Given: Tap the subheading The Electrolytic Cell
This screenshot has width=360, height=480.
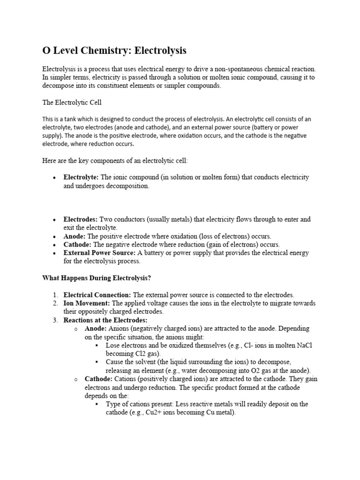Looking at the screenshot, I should tap(71, 103).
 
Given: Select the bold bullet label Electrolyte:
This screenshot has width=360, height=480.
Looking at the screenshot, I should tap(81, 178).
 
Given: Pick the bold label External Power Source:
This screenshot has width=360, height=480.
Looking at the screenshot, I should tap(99, 253).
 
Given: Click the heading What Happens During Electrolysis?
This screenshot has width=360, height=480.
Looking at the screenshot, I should tap(97, 278).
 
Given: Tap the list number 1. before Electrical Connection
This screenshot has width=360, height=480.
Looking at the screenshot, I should tap(55, 295).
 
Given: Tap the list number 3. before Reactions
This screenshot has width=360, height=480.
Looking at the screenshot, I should tap(55, 320).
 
